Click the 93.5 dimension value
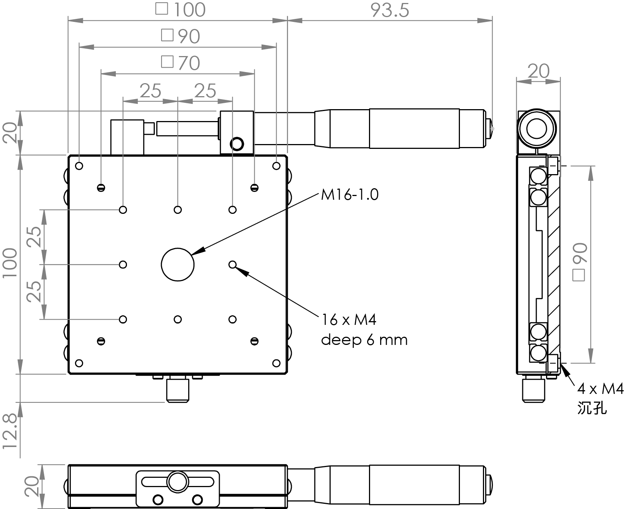tap(390, 10)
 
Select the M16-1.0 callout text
tap(350, 195)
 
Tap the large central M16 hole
tap(178, 264)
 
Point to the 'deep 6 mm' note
tap(364, 340)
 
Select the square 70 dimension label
tap(181, 63)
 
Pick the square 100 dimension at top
tap(180, 10)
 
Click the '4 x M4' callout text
tap(600, 389)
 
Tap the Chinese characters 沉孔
tap(592, 408)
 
